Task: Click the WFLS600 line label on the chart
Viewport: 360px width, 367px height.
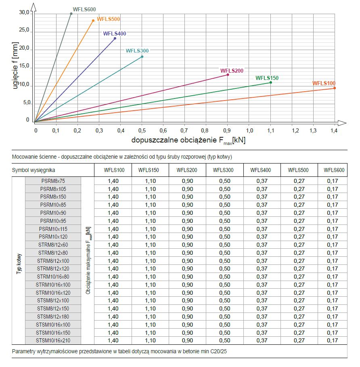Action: coord(84,9)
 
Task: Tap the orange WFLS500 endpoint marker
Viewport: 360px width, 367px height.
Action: coord(93,21)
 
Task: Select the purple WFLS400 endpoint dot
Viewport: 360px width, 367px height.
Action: coord(115,38)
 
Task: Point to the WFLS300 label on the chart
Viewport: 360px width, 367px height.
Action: coord(137,50)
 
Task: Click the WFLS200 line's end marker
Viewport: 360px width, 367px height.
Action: coord(228,75)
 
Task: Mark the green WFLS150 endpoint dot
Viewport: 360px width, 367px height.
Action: coord(271,82)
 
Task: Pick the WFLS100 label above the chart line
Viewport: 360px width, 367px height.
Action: coord(324,83)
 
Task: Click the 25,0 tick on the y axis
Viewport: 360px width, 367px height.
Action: coord(24,30)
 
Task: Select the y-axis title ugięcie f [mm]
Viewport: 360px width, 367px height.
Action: coord(15,65)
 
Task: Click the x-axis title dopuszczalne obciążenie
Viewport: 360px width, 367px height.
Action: coord(174,140)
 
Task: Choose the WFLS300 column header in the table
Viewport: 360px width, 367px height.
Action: coord(223,170)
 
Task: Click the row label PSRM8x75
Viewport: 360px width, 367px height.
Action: coord(53,181)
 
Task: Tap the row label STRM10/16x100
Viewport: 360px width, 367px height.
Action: coord(53,285)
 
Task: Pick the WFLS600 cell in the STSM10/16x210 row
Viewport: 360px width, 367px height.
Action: coord(333,340)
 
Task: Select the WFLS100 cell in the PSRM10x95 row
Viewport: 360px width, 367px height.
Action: coord(113,221)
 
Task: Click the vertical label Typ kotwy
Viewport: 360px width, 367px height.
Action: coord(19,264)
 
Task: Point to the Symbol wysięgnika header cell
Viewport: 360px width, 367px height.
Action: coord(33,170)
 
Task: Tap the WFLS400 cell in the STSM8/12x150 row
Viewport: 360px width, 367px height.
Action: coord(262,308)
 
